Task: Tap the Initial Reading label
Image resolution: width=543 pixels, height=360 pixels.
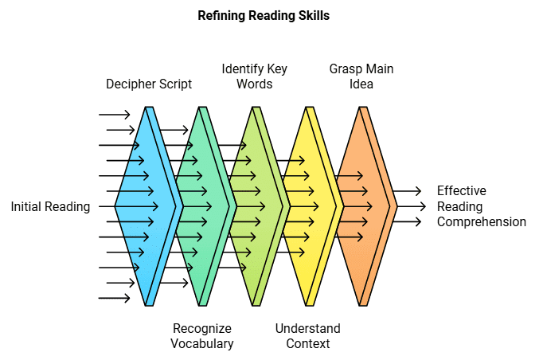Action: pos(50,207)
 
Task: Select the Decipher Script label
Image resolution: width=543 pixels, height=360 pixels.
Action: pos(149,84)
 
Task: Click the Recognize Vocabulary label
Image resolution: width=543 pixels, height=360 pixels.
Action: pos(202,336)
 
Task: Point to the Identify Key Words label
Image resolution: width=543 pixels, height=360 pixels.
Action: pos(254,76)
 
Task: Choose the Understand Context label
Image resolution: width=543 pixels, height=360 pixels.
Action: pos(307,336)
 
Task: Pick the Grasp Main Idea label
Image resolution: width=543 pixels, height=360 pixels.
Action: pos(361,76)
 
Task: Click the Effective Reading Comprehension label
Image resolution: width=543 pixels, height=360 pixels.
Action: pos(482,206)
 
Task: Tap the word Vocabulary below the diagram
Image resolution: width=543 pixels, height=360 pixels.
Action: pos(202,344)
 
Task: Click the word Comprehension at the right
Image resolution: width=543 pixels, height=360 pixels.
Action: pos(482,222)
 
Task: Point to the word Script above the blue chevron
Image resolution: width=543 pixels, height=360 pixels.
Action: pos(174,84)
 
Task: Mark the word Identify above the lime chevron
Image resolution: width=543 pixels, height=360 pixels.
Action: pos(240,68)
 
